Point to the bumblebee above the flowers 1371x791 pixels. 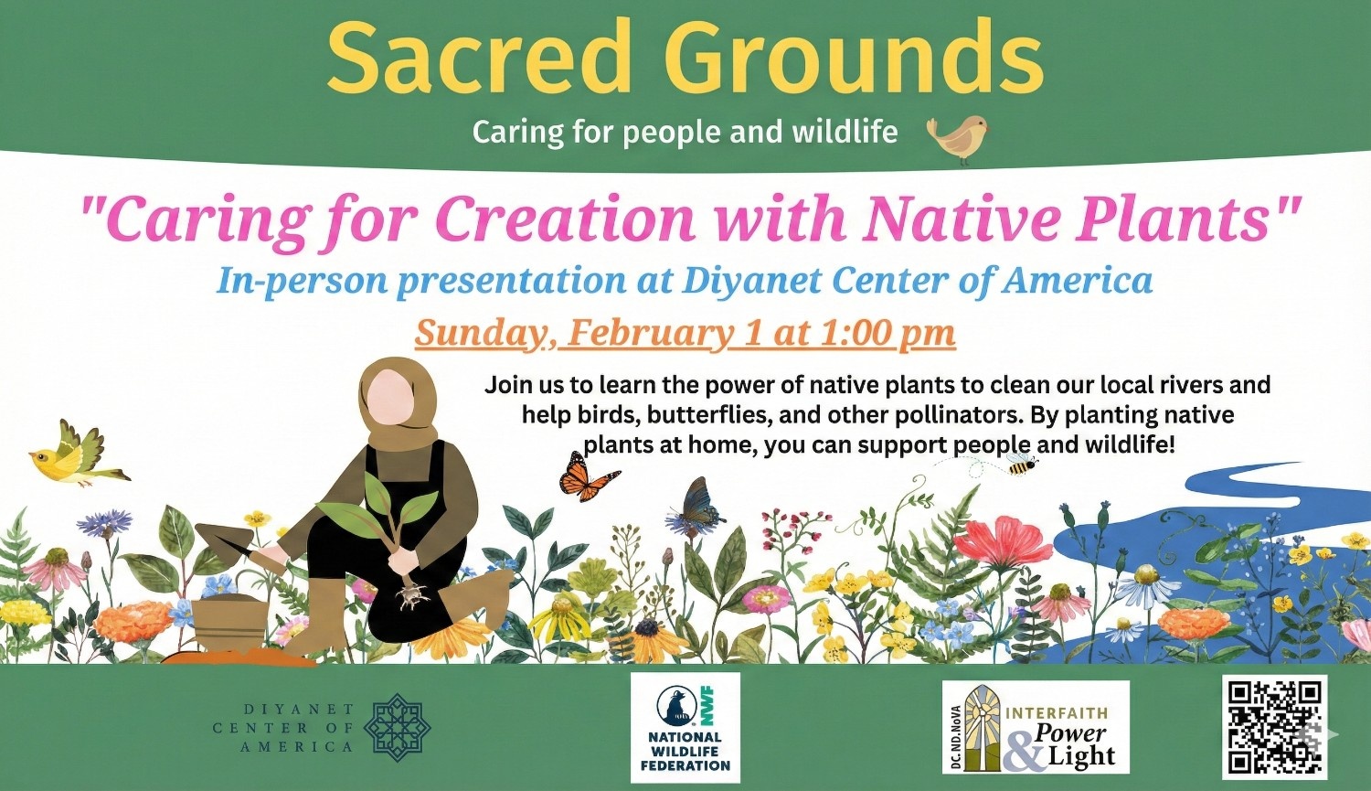tap(1021, 466)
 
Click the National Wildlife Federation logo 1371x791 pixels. tap(685, 727)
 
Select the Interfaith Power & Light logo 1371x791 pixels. tap(1036, 727)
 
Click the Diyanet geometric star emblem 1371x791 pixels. tap(397, 728)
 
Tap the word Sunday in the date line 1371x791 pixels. tap(481, 333)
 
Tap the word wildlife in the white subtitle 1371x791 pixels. tap(845, 133)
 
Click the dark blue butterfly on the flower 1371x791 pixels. tap(699, 507)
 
